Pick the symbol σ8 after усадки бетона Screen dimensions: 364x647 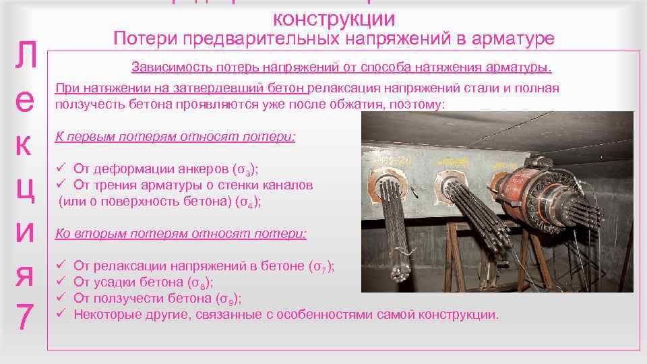click(199, 282)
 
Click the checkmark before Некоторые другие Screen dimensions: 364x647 click(60, 314)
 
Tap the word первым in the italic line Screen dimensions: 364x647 click(91, 136)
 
